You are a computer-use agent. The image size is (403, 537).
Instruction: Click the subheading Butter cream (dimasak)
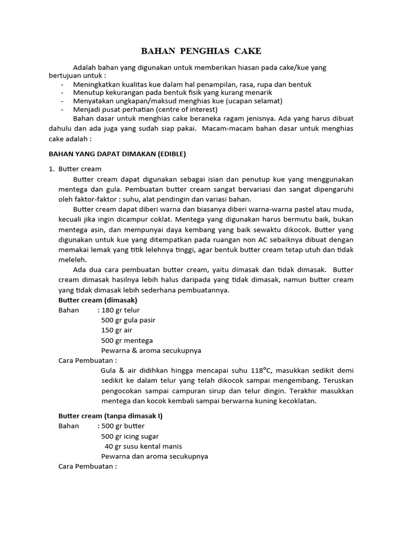pyautogui.click(x=98, y=300)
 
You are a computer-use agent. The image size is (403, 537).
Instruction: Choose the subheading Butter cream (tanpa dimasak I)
pyautogui.click(x=110, y=415)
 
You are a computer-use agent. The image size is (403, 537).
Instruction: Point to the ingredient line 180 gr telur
pyautogui.click(x=121, y=310)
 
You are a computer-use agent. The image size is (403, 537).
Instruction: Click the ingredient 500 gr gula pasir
pyautogui.click(x=128, y=320)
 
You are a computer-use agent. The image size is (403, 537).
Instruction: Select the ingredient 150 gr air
pyautogui.click(x=116, y=330)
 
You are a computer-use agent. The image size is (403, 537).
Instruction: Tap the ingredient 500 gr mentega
pyautogui.click(x=124, y=340)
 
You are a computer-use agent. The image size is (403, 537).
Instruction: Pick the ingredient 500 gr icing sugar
pyautogui.click(x=130, y=436)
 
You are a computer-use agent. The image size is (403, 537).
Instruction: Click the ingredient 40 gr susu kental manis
pyautogui.click(x=143, y=446)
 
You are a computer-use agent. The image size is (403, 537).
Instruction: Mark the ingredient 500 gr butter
pyautogui.click(x=123, y=426)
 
